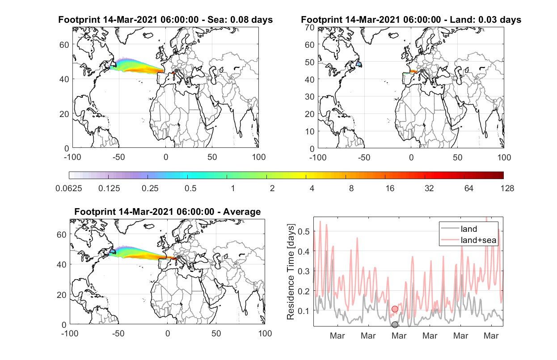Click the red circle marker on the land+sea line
pyautogui.click(x=395, y=309)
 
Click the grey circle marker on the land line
pyautogui.click(x=395, y=324)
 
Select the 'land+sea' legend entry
pyautogui.click(x=468, y=240)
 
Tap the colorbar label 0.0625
pyautogui.click(x=69, y=188)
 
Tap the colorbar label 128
pyautogui.click(x=507, y=188)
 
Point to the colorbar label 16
pyautogui.click(x=390, y=188)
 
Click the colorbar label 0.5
pyautogui.click(x=190, y=188)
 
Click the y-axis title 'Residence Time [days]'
pyautogui.click(x=291, y=272)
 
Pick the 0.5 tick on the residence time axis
pyautogui.click(x=304, y=231)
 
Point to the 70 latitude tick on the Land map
pyautogui.click(x=310, y=28)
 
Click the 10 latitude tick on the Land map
pyautogui.click(x=310, y=131)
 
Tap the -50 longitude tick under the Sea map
pyautogui.click(x=118, y=157)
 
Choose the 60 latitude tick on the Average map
pyautogui.click(x=61, y=234)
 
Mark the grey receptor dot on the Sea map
pyautogui.click(x=176, y=71)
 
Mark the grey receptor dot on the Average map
pyautogui.click(x=178, y=257)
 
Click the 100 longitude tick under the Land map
pyautogui.click(x=504, y=158)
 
